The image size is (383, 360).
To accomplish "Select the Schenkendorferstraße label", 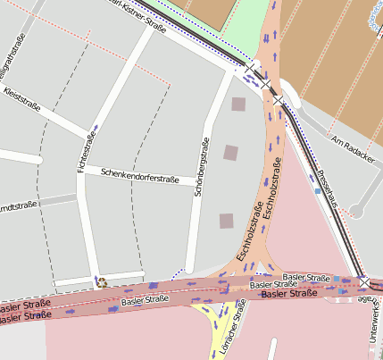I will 140,175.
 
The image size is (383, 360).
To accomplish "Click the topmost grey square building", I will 238,105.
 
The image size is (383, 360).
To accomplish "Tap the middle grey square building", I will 231,152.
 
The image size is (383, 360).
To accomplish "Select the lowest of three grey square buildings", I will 227,220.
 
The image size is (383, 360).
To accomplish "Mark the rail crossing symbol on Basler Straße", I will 364,284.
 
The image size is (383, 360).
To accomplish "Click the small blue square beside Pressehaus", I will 318,190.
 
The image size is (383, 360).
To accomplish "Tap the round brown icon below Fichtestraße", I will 101,282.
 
